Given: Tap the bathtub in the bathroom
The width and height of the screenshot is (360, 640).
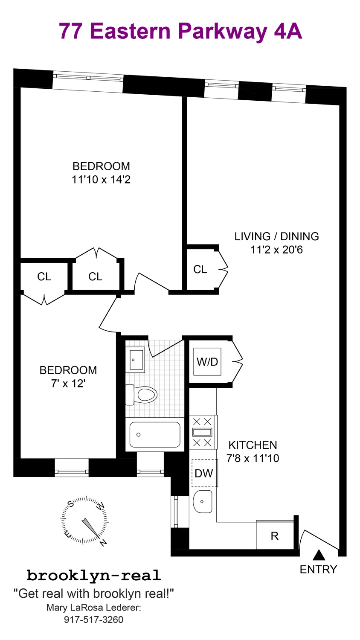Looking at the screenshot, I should [154, 435].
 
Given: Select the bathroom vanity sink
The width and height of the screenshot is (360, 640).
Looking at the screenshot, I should [136, 360].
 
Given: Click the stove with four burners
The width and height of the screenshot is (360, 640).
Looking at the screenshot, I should [202, 432].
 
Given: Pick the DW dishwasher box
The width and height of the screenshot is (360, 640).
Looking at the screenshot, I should [204, 473].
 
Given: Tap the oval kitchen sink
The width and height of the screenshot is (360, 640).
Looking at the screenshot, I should [203, 501].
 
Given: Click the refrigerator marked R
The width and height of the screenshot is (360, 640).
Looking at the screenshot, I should [275, 535].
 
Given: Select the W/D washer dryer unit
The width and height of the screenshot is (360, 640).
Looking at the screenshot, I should [207, 362].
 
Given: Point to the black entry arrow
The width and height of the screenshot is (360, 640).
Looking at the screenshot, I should [319, 555].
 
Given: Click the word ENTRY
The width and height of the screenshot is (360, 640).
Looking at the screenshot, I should [318, 569].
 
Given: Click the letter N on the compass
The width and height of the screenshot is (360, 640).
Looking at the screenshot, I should [103, 543].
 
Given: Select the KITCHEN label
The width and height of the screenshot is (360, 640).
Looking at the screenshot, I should [253, 445].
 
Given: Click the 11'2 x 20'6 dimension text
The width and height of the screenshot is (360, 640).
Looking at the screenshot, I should [276, 250].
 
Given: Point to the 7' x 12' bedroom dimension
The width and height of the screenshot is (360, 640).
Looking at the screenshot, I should [68, 384].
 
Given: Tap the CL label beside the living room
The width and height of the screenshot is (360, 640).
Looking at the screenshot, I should [200, 269].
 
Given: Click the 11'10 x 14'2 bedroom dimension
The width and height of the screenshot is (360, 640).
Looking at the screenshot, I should [101, 180].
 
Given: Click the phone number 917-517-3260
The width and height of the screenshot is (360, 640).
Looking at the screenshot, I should [94, 620].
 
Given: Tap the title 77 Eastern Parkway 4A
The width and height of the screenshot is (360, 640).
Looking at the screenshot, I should [180, 31].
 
